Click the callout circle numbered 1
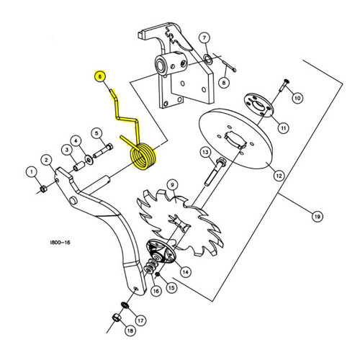click(x=31, y=171)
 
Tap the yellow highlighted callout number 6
click(x=99, y=76)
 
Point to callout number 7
click(x=204, y=37)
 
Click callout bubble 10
click(x=297, y=97)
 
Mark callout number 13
click(x=204, y=152)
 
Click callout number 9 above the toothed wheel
click(x=173, y=185)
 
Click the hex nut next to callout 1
click(x=44, y=189)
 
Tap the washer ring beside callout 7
click(x=207, y=59)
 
